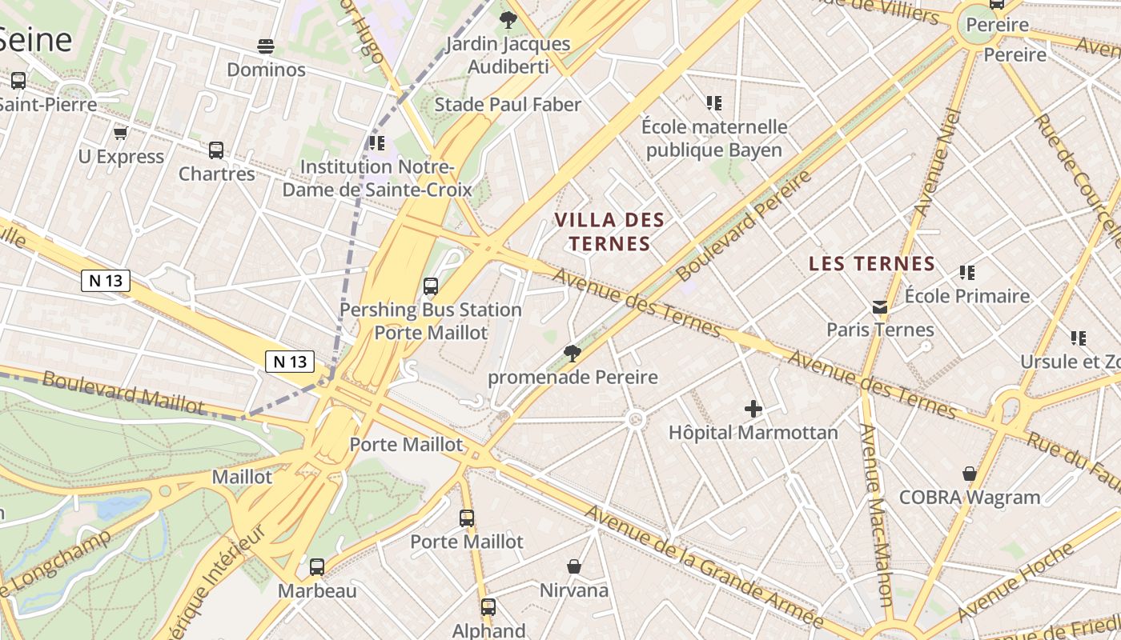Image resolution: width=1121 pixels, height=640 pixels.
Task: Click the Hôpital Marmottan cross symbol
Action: point(753,409)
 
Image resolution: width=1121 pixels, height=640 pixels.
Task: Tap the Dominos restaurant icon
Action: point(266,46)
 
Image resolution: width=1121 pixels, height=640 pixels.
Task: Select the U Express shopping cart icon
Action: point(120,133)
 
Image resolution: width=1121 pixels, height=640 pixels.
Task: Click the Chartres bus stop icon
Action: point(216,150)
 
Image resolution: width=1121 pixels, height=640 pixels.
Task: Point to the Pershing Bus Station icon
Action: point(431,286)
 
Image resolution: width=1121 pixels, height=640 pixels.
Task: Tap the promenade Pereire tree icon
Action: point(572,353)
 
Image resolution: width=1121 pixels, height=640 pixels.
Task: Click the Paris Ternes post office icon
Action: point(880,306)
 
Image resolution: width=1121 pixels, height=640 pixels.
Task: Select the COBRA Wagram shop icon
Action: point(970,474)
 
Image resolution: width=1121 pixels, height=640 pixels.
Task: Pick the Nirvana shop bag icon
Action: point(574,566)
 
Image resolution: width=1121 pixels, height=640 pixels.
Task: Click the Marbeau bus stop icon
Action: point(317,567)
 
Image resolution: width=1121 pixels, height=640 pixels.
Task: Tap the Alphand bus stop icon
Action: point(488,606)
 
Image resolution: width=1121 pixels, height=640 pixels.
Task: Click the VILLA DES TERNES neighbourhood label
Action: point(610,231)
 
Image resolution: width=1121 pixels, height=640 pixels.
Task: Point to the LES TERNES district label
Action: point(872,263)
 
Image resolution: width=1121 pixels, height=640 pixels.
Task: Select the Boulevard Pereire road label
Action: point(743,225)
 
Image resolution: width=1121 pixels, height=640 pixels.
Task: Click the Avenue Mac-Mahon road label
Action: point(876,515)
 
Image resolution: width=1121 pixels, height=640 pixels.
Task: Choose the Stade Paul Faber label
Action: point(508,104)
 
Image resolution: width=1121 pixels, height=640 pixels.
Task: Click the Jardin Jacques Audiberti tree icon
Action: point(508,19)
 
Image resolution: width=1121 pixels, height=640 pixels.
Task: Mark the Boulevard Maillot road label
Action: point(123,391)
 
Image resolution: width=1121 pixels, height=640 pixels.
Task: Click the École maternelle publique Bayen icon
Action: point(714,102)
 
